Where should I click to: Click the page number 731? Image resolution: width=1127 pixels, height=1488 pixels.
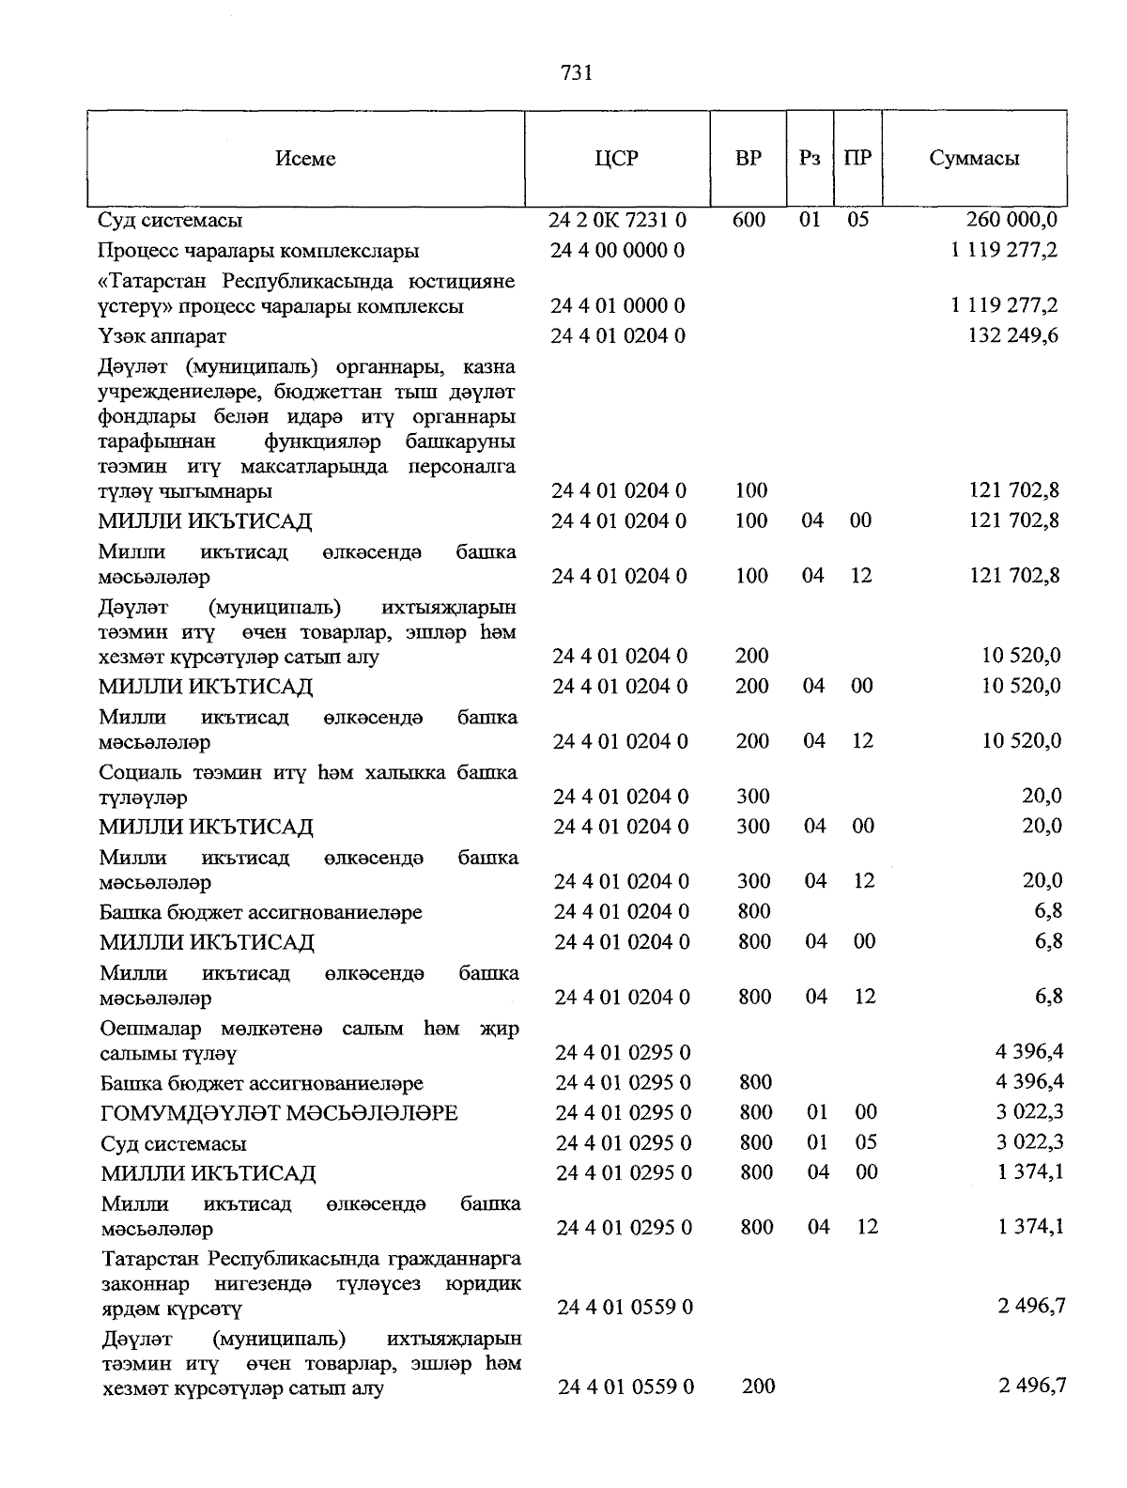[576, 72]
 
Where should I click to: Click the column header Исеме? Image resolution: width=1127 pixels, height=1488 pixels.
[305, 159]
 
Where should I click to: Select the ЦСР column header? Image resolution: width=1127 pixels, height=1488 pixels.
[616, 159]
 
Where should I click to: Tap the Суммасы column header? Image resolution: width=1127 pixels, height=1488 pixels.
[974, 159]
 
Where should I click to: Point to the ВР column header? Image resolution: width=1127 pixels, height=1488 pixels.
[749, 159]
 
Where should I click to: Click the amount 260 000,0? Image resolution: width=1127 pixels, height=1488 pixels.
[1011, 220]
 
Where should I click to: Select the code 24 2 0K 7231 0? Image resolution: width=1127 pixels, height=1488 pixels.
[617, 220]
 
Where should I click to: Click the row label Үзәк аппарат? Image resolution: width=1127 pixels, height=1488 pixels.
[162, 336]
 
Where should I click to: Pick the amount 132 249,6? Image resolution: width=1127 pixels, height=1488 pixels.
[1012, 335]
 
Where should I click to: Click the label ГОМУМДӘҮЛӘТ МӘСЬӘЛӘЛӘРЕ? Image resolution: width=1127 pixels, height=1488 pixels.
[279, 1113]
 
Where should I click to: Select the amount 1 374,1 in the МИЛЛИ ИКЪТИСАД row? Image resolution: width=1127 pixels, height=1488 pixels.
[1029, 1172]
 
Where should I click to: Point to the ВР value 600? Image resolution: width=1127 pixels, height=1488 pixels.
[749, 220]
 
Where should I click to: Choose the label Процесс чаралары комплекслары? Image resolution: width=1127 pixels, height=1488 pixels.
[258, 251]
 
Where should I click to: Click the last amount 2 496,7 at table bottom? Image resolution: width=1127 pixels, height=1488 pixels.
[1032, 1385]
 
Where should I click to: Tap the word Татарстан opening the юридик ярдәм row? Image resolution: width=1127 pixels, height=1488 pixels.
[152, 1259]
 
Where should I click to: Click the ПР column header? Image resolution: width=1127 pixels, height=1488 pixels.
[857, 159]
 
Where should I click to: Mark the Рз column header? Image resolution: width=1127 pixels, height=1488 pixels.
[810, 159]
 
